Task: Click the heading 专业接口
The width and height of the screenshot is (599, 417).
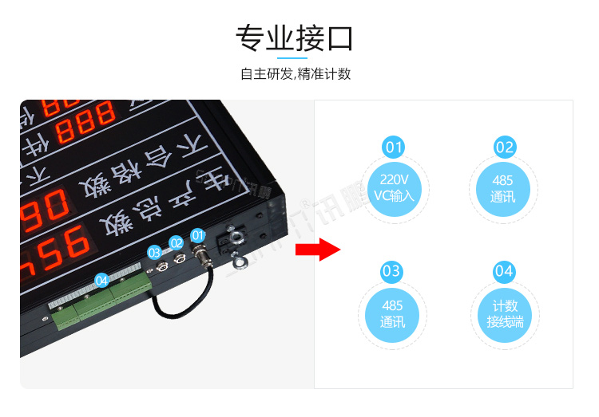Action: click(295, 37)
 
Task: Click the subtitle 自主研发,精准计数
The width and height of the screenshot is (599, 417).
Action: click(296, 74)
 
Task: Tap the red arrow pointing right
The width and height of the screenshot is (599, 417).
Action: click(318, 249)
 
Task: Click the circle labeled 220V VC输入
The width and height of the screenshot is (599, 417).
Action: click(395, 187)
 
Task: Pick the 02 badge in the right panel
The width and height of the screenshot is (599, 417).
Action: click(504, 148)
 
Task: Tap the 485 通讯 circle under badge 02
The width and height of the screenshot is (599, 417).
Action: click(504, 189)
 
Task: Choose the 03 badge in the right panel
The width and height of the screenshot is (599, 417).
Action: click(391, 272)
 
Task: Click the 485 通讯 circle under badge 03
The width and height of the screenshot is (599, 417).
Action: click(392, 313)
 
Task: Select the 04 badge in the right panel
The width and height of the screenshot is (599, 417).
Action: click(504, 272)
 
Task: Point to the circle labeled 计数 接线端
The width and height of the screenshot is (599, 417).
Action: click(504, 313)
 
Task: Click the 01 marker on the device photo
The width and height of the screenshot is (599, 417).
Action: click(198, 236)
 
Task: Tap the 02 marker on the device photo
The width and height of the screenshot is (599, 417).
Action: click(176, 243)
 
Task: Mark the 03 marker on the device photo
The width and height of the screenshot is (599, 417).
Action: click(154, 252)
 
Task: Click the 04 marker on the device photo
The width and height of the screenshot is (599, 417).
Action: click(101, 281)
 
